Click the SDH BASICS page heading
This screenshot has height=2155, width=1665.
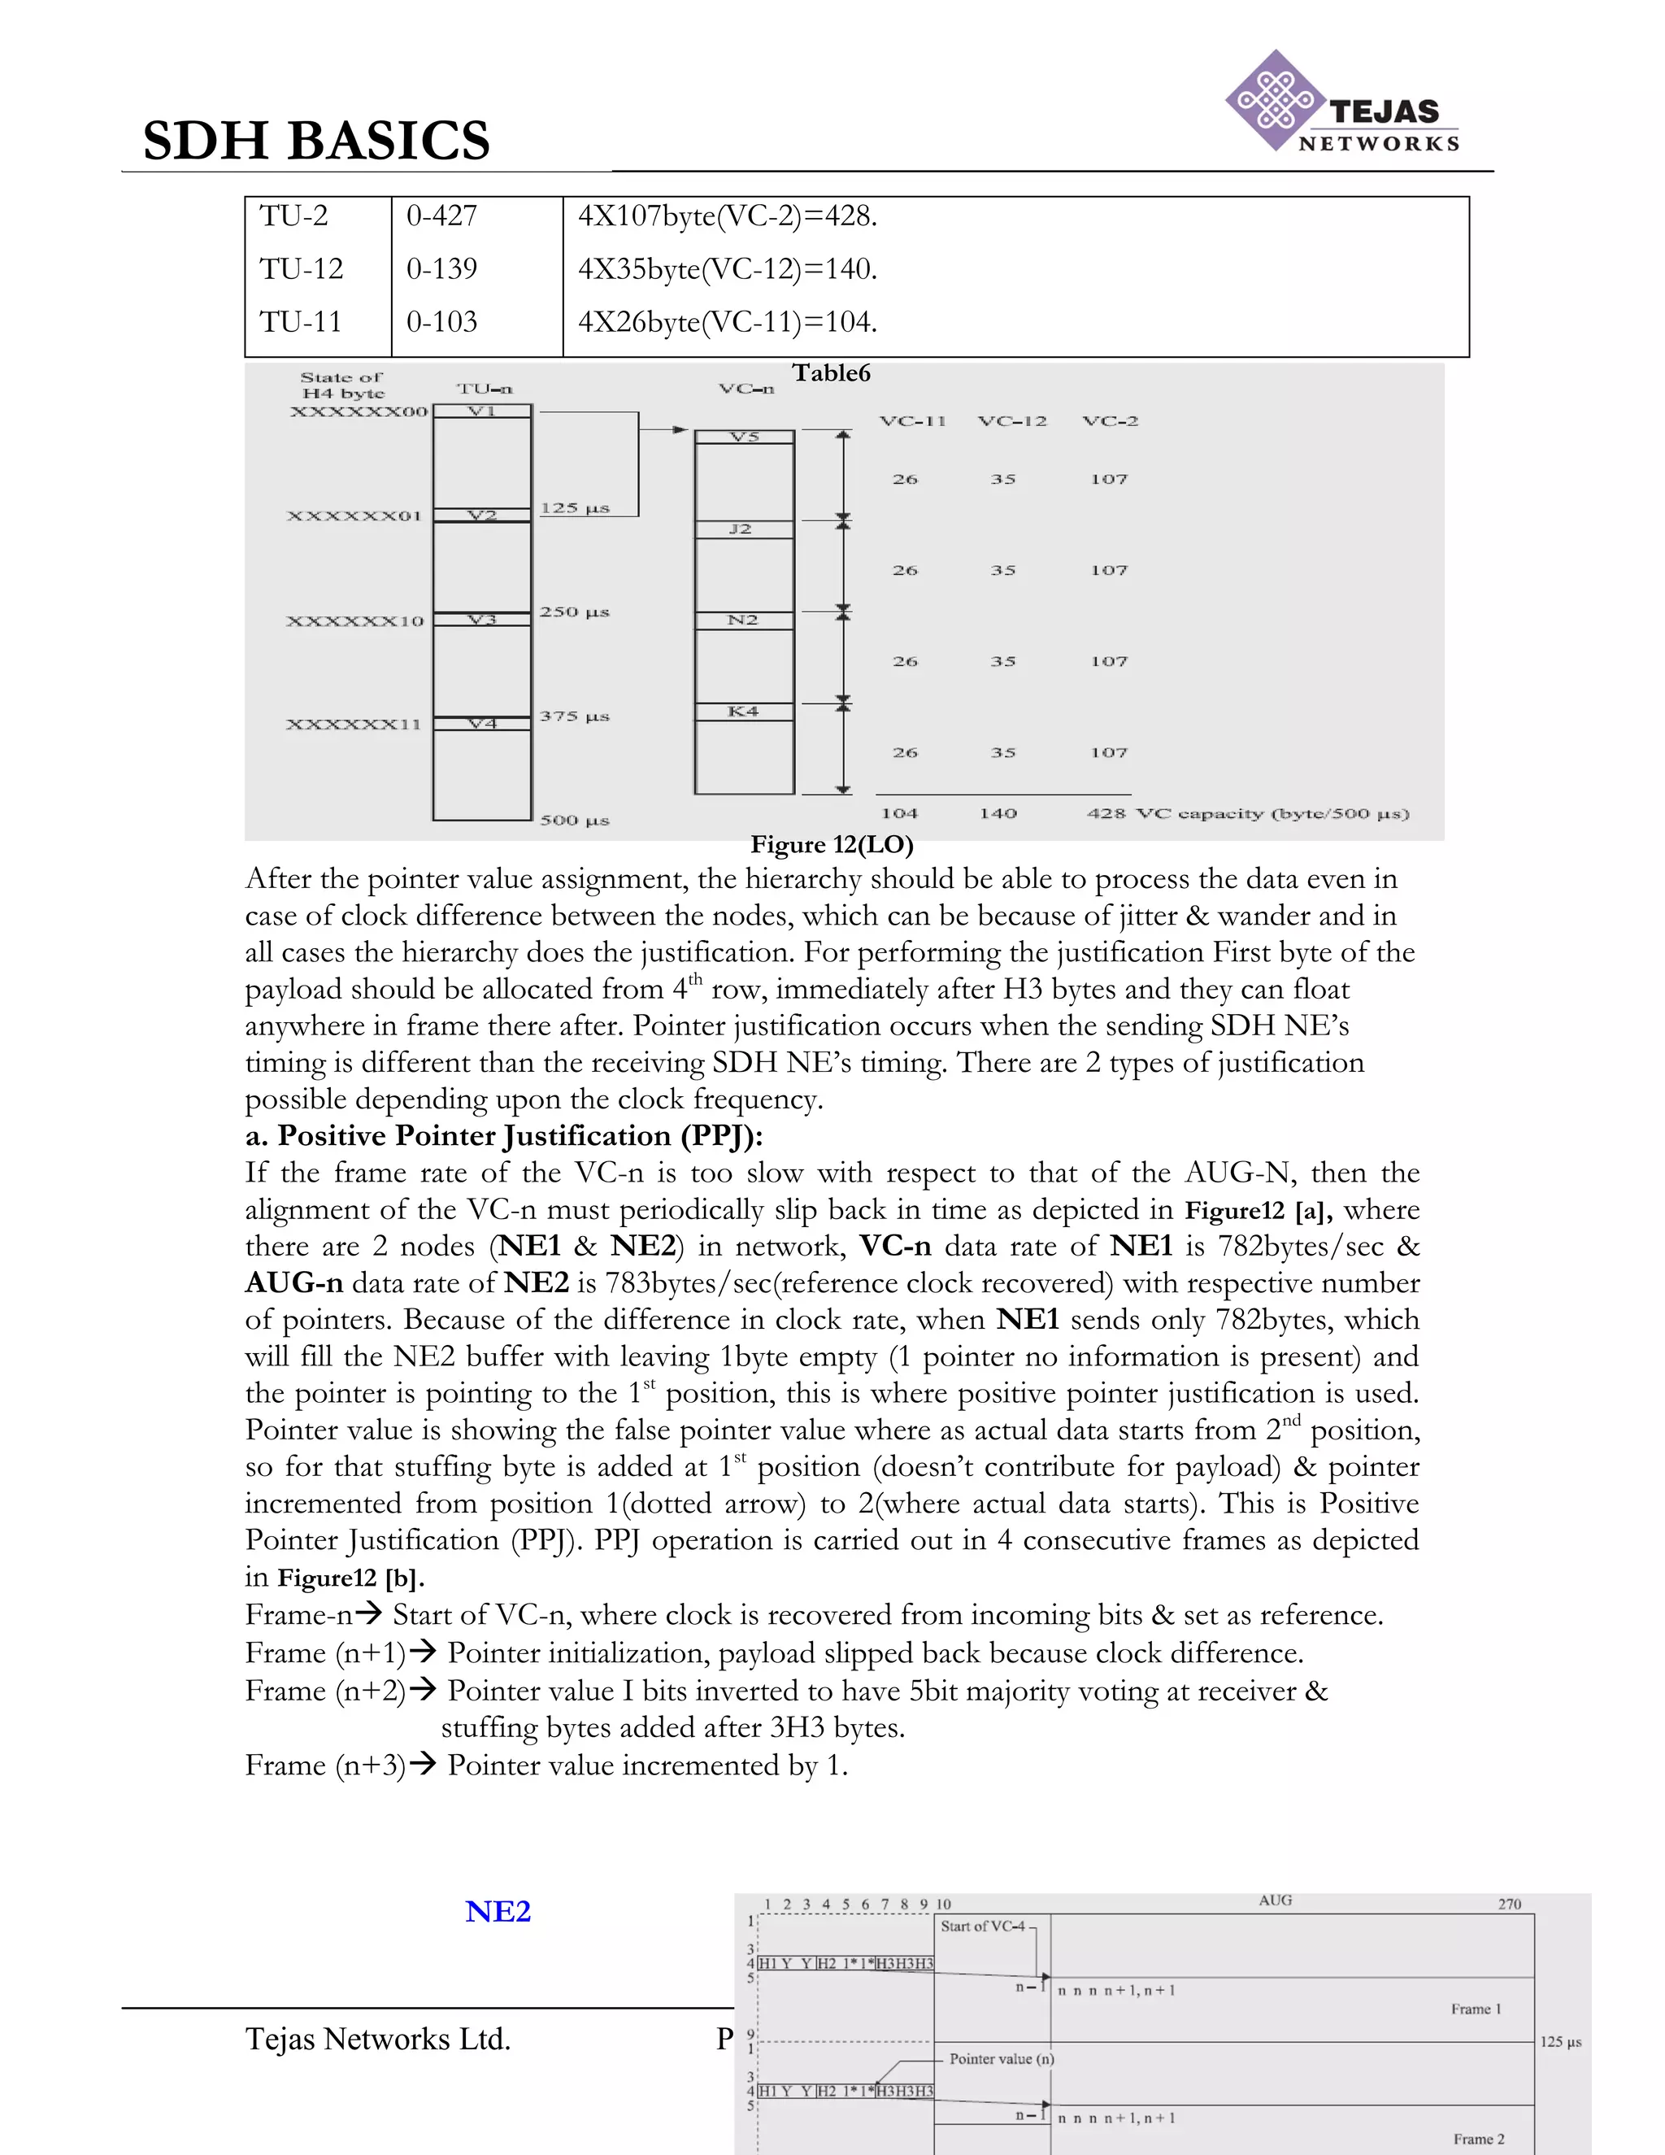(x=315, y=140)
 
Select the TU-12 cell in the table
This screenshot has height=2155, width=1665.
(x=301, y=268)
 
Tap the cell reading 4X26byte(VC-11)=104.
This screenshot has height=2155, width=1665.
(x=727, y=322)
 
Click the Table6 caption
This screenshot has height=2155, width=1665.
(x=831, y=373)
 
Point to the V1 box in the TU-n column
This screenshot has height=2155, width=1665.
(x=481, y=411)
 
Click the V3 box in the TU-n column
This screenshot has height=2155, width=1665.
(x=481, y=620)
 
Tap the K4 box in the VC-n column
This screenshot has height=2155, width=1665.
(x=743, y=712)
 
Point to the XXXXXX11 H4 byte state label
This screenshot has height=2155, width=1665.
(x=353, y=725)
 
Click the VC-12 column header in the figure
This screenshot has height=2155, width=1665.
(x=1012, y=421)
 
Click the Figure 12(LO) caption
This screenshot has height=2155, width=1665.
(x=832, y=845)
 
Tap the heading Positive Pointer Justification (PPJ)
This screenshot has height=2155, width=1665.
(x=504, y=1136)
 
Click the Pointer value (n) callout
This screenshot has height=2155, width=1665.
(x=1001, y=2059)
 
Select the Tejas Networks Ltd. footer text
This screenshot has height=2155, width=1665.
(x=378, y=2040)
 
